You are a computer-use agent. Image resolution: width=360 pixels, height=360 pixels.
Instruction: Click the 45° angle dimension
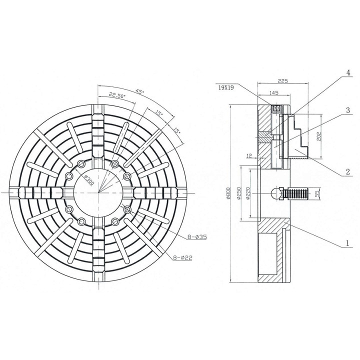point(139,91)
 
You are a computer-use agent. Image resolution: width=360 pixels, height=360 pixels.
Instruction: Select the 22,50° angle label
point(117,95)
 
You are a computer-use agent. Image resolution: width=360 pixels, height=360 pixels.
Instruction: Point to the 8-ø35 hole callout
point(197,236)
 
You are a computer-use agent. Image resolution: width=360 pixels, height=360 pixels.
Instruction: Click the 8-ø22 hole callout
point(182,258)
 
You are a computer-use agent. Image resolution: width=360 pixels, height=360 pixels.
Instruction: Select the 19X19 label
point(226,87)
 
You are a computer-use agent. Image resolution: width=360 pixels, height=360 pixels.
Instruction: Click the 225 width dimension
point(283,81)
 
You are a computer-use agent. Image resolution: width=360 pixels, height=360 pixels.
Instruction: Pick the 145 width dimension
point(273,93)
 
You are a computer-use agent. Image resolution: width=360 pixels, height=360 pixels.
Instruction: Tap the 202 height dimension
point(318,136)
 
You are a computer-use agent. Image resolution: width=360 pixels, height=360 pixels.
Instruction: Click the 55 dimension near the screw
point(317,194)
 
